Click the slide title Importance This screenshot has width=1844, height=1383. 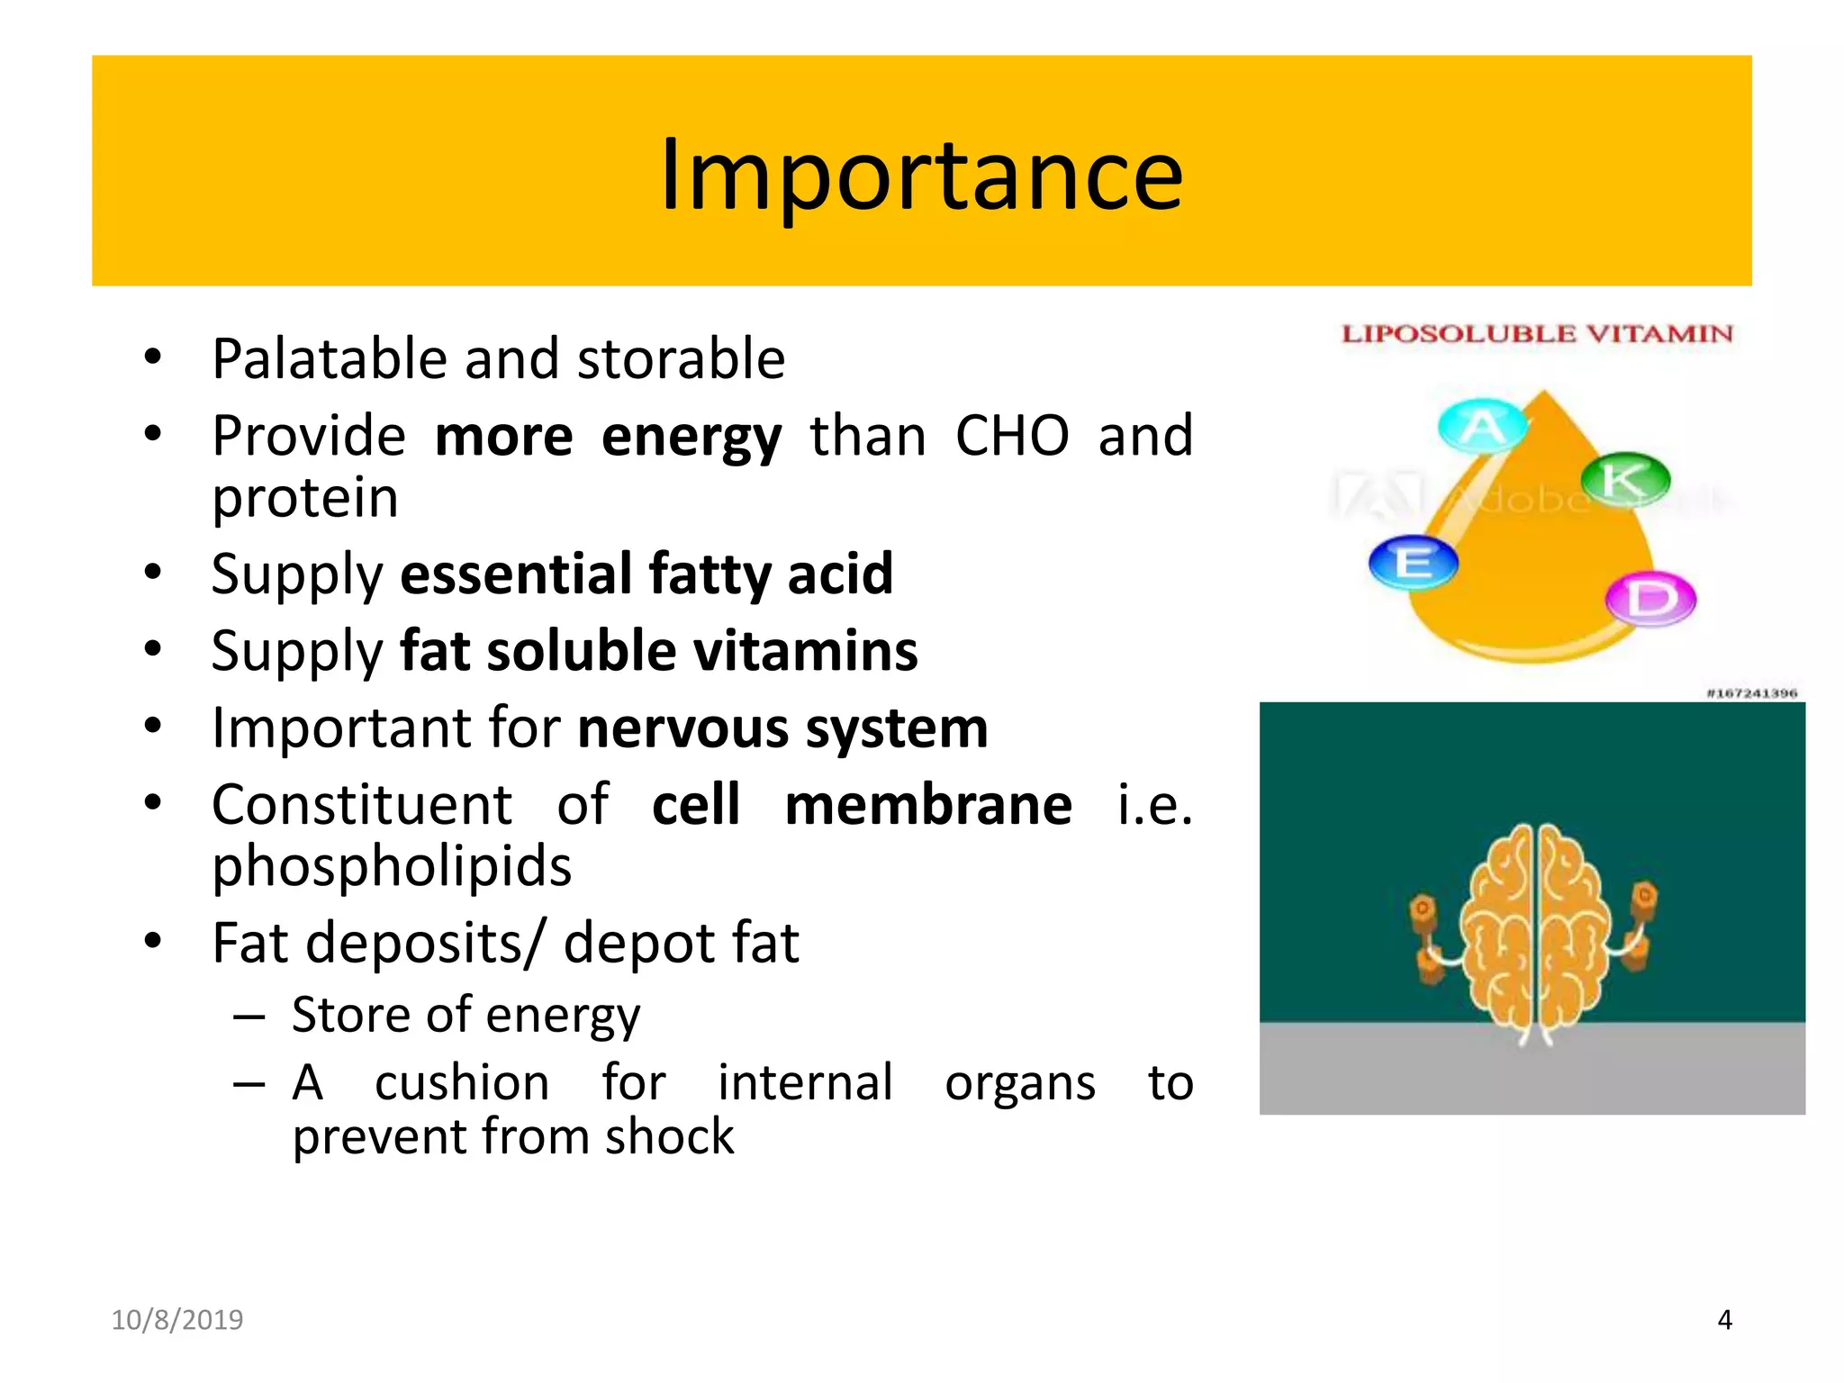[x=921, y=176]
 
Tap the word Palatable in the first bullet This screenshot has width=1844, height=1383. [x=330, y=359]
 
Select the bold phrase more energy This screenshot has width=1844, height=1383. [x=608, y=437]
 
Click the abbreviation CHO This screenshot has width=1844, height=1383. [x=1012, y=437]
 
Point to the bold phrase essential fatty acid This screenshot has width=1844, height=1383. [x=646, y=574]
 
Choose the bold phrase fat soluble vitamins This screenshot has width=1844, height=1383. [x=658, y=651]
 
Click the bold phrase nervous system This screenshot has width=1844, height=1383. [x=782, y=728]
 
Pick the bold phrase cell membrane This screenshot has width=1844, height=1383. [x=861, y=804]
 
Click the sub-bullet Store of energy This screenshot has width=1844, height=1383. [x=466, y=1015]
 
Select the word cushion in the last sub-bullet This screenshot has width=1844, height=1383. [x=462, y=1082]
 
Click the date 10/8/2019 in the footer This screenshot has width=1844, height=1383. [x=177, y=1320]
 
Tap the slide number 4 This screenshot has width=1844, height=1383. [x=1724, y=1320]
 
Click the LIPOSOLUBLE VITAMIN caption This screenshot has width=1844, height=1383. [x=1537, y=334]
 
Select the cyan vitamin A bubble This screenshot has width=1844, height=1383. [x=1482, y=426]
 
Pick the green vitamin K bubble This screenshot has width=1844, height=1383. [x=1624, y=478]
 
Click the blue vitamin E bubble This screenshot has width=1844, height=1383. [x=1413, y=563]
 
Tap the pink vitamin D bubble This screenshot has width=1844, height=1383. [x=1650, y=598]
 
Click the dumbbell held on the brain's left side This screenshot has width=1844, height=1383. [x=1427, y=940]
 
